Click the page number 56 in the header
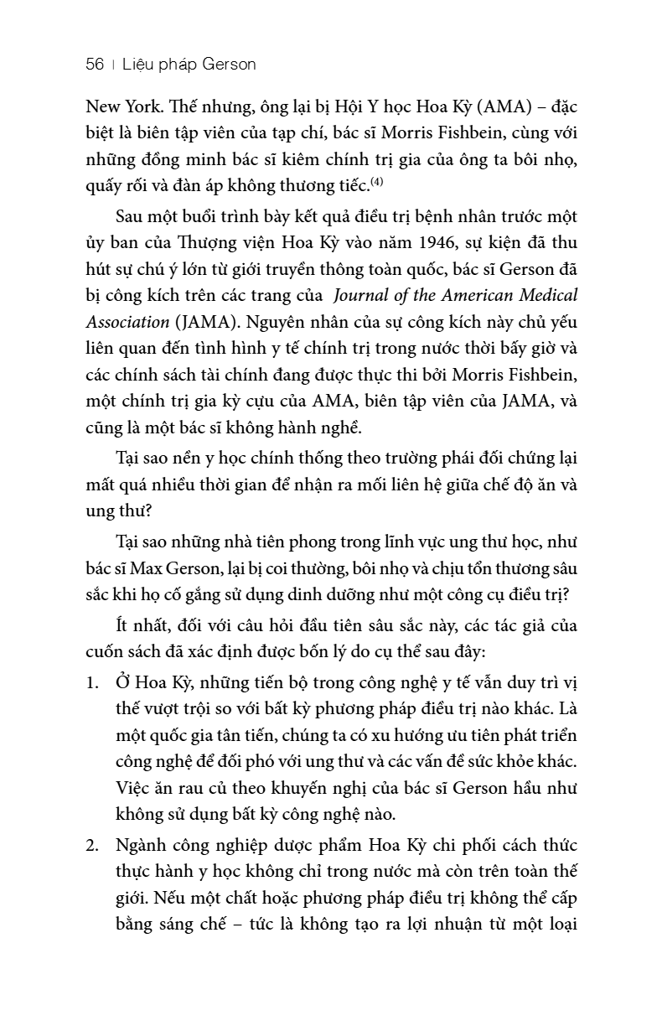click(x=95, y=65)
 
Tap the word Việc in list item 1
click(x=132, y=789)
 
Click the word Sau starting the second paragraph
click(x=131, y=216)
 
